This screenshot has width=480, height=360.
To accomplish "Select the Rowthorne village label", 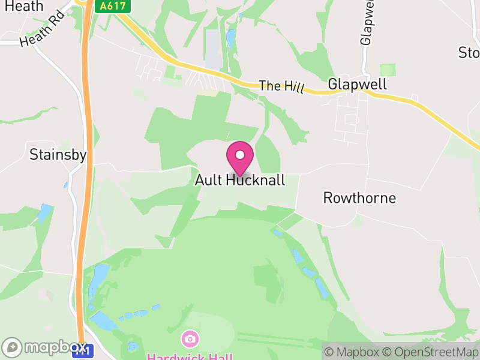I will (359, 197).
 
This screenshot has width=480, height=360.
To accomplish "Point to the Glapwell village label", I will (357, 85).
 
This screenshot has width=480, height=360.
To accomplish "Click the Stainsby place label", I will (58, 155).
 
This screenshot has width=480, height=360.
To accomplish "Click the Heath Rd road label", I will (41, 32).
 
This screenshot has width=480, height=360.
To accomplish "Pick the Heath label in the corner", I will (22, 6).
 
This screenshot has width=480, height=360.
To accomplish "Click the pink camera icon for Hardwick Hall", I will (190, 339).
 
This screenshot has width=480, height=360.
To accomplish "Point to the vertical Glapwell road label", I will (367, 23).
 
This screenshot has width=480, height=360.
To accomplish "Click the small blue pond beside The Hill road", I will (230, 38).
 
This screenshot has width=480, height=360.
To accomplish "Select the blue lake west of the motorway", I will (44, 213).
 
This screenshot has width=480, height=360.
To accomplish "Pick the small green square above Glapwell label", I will (388, 70).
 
